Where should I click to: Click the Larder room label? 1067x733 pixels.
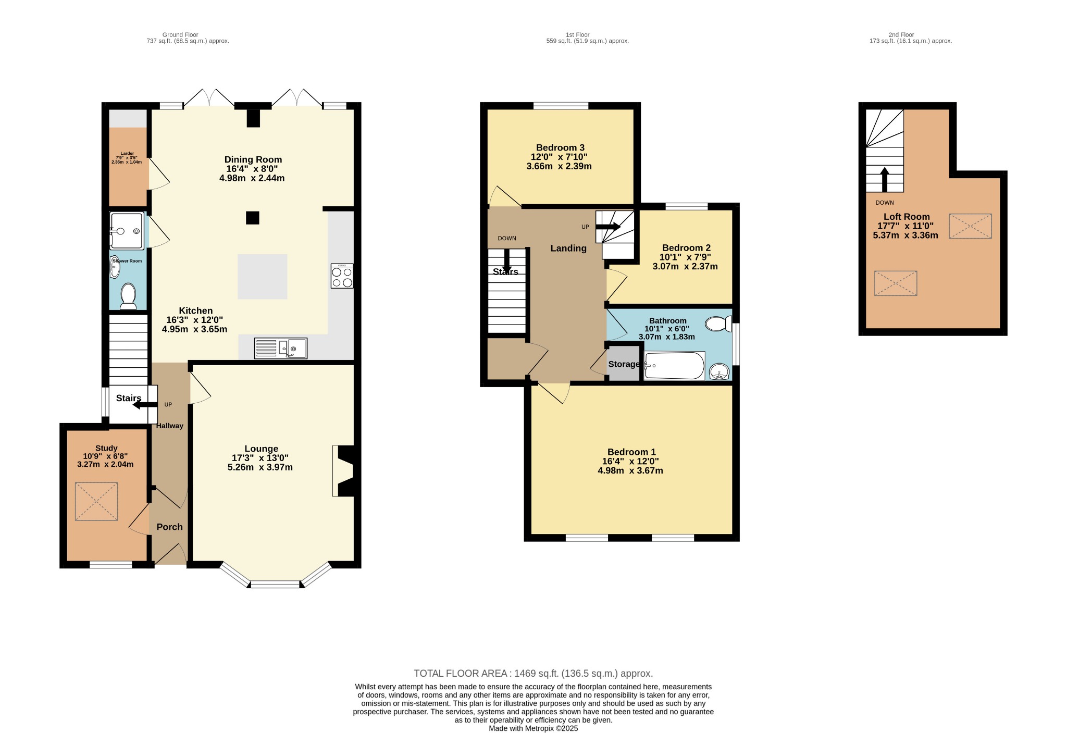click(127, 154)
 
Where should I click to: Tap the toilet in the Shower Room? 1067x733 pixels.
click(128, 296)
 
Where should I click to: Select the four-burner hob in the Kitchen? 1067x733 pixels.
click(342, 276)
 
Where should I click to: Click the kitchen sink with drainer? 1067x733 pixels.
click(281, 349)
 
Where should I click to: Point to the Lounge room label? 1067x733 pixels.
click(261, 449)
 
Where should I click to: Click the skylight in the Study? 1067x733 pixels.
click(96, 501)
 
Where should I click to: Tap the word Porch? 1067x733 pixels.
click(170, 527)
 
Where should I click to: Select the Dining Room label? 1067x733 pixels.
click(253, 159)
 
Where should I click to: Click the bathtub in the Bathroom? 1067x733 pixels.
click(674, 366)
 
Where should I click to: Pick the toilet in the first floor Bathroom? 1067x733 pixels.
click(718, 324)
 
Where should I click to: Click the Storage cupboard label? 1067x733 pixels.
click(624, 364)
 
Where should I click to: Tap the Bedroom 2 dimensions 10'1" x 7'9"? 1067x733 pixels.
click(685, 257)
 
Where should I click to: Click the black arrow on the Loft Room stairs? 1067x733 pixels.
click(884, 179)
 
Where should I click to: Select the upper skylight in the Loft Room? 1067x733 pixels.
click(970, 226)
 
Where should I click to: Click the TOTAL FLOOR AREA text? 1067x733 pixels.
click(533, 673)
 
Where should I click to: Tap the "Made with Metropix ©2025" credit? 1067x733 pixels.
click(533, 728)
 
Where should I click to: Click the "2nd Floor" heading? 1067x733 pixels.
click(901, 35)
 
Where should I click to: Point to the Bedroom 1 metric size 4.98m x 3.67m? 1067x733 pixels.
click(630, 470)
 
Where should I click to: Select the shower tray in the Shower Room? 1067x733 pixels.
click(127, 230)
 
